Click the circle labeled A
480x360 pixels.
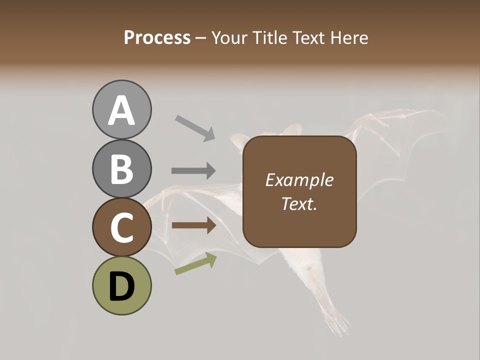pos(121,109)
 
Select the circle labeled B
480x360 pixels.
pos(121,168)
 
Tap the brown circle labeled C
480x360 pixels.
pos(121,227)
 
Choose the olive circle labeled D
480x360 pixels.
pos(121,285)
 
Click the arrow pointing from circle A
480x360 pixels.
pos(195,127)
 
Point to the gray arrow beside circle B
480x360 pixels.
pos(193,170)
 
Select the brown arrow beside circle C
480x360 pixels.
pos(193,225)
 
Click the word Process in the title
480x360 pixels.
pos(157,38)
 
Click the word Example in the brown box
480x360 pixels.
pos(299,180)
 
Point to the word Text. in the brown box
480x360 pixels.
pos(299,203)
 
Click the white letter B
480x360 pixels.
pos(121,169)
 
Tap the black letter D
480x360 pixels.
pos(121,286)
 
